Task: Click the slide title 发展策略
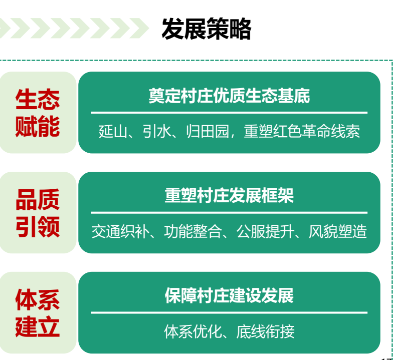point(207,29)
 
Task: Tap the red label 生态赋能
point(38,113)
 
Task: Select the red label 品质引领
point(38,213)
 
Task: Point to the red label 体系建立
point(38,313)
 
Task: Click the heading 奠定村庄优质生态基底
point(230,96)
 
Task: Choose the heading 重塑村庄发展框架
point(230,195)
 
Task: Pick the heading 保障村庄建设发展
point(230,295)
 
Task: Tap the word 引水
point(157,131)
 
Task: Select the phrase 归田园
point(208,131)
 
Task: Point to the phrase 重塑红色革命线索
point(302,131)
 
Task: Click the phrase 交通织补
point(120,231)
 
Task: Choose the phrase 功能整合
point(193,231)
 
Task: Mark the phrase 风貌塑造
point(338,231)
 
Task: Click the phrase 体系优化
point(193,331)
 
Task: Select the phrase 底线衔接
point(266,331)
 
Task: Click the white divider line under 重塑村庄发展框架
point(230,213)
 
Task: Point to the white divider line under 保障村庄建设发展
point(230,312)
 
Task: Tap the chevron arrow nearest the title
point(140,28)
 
